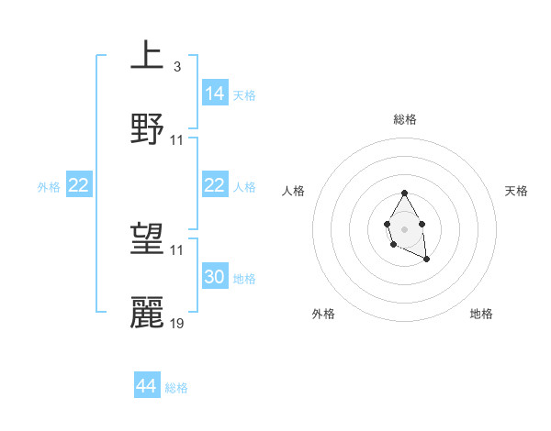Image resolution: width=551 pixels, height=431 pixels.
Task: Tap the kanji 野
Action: (x=147, y=128)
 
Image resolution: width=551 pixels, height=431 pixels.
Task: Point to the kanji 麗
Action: (x=147, y=313)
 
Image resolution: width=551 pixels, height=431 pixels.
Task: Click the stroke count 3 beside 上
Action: (x=176, y=67)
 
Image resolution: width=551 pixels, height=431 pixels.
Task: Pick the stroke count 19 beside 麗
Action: (x=177, y=323)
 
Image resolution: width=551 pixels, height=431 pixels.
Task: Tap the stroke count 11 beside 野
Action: (x=177, y=139)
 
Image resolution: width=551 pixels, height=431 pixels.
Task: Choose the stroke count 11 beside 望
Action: (x=177, y=249)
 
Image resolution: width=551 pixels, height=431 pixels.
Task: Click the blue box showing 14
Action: (x=215, y=94)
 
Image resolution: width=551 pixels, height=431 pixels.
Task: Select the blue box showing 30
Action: (x=215, y=277)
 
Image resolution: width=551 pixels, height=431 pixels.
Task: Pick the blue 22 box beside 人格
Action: (x=215, y=185)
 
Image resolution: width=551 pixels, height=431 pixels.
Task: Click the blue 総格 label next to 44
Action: (x=176, y=388)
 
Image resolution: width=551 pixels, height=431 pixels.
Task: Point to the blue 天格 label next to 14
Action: (x=244, y=95)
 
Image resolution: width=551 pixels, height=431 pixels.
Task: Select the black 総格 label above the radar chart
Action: (x=404, y=119)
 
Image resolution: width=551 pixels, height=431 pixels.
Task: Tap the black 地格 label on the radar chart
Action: (x=481, y=314)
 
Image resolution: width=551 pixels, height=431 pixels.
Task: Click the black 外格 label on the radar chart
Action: (x=323, y=314)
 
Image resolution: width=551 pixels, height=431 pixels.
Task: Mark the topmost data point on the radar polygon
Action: (x=404, y=193)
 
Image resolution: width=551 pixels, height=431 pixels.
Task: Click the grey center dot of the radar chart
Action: (x=404, y=227)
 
